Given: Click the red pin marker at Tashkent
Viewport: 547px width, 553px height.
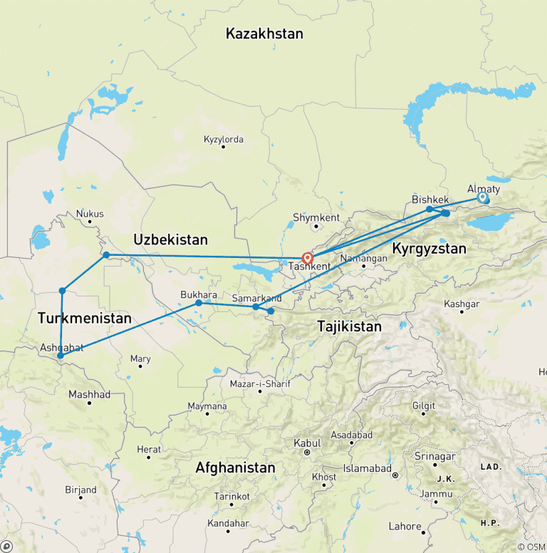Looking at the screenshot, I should point(307,258).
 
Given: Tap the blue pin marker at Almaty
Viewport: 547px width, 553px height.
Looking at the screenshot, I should point(483,197).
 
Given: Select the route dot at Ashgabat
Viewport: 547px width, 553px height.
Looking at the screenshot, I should point(61,355).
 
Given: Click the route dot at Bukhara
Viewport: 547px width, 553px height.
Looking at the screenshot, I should point(199,303).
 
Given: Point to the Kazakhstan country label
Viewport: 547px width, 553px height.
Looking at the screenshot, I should point(264,33).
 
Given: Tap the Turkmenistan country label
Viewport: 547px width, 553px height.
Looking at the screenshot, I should point(84,318).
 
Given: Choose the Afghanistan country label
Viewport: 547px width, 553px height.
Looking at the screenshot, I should point(235,468).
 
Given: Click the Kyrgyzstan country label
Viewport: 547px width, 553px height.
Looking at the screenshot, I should point(429,249).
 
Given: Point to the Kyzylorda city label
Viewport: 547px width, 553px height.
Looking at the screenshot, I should point(223,140).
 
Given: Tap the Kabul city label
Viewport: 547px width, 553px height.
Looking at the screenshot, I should point(308,443).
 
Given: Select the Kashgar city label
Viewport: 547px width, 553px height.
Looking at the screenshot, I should point(461,304).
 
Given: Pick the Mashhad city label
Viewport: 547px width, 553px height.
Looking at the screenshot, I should point(89,394).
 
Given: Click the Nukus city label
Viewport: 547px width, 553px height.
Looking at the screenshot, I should point(90,214).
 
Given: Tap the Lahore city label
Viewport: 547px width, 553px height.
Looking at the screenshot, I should point(405,527).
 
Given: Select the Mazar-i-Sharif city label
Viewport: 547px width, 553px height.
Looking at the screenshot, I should point(259,384).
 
